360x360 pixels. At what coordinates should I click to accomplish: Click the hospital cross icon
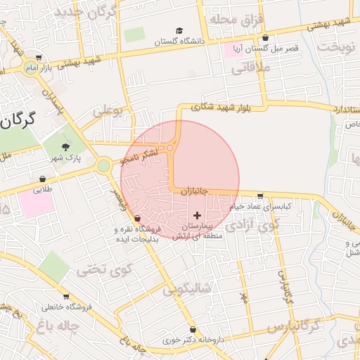(x=197, y=214)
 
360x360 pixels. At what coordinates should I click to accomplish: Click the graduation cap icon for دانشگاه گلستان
(x=180, y=32)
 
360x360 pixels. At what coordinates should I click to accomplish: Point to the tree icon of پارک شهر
(x=66, y=148)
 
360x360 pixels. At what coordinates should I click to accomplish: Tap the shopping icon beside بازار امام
(x=37, y=58)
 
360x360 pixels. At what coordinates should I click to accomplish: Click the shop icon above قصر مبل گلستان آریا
(x=265, y=38)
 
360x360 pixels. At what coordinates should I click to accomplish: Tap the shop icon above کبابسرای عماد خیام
(x=260, y=196)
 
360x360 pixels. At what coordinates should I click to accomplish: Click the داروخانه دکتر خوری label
(x=192, y=340)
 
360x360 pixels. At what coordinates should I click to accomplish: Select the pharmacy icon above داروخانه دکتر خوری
(x=193, y=329)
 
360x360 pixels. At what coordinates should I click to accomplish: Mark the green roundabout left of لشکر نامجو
(x=103, y=166)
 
